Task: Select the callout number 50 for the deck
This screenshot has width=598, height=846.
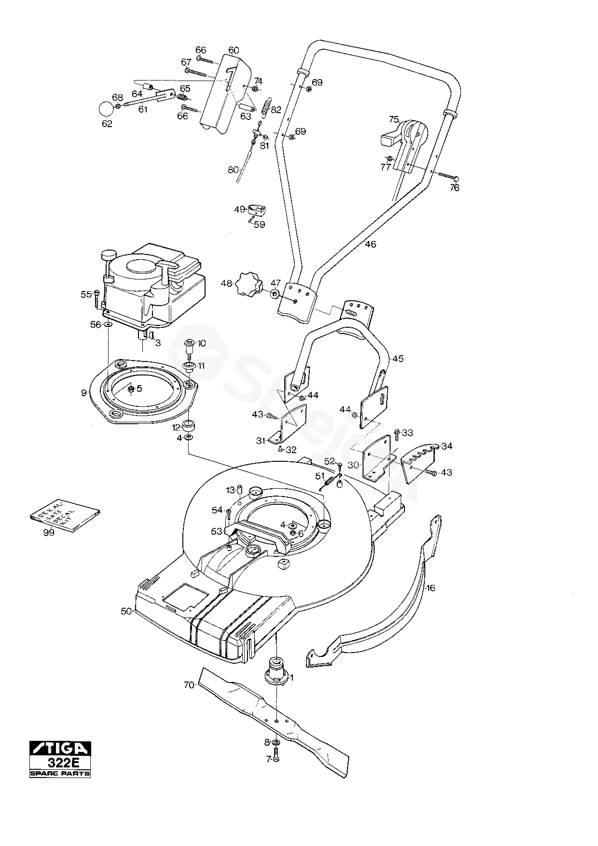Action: tap(126, 611)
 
